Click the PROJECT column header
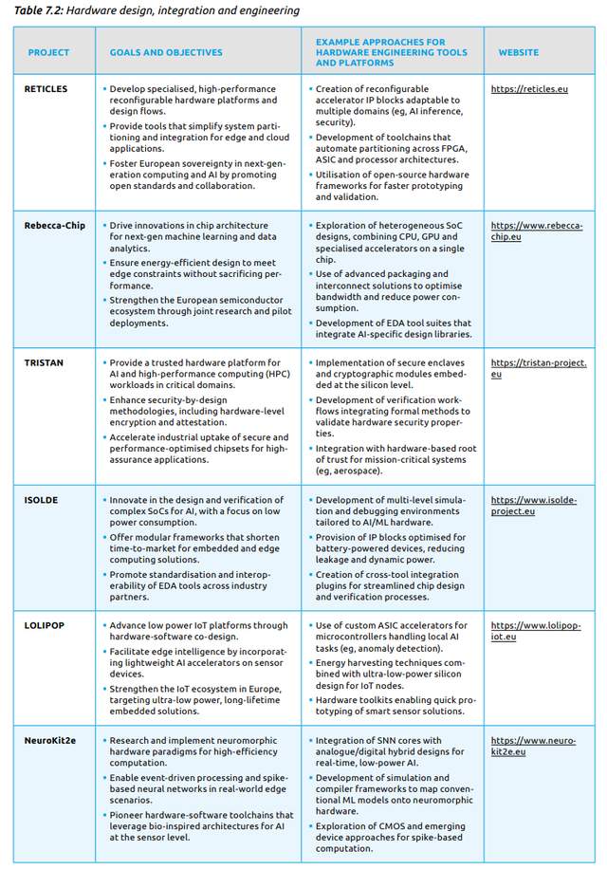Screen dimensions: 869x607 (49, 53)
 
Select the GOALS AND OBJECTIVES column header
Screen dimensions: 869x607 (166, 53)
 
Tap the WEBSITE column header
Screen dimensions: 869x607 (519, 53)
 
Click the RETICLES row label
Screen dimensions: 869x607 (46, 89)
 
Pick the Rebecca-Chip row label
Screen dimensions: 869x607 (53, 226)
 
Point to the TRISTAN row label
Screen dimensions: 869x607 (43, 362)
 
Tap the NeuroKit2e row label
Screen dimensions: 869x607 (51, 741)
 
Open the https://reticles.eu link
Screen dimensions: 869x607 (529, 89)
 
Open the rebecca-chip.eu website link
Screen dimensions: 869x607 (537, 231)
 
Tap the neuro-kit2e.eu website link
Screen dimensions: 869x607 (533, 747)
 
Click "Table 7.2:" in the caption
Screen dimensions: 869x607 (37, 11)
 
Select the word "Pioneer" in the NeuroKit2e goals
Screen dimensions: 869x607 (130, 815)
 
